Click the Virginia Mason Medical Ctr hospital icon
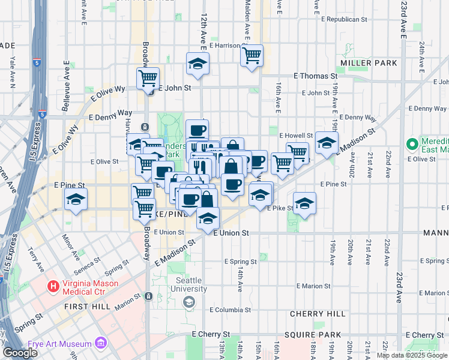53,287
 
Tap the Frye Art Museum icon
101,344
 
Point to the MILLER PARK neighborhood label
369,63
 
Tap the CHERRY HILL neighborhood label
318,314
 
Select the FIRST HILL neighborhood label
88,306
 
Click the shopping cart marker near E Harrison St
252,56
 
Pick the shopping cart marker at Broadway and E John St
148,79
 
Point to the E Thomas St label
315,76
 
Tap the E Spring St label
240,262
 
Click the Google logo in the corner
20,352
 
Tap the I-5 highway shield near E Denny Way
41,113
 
